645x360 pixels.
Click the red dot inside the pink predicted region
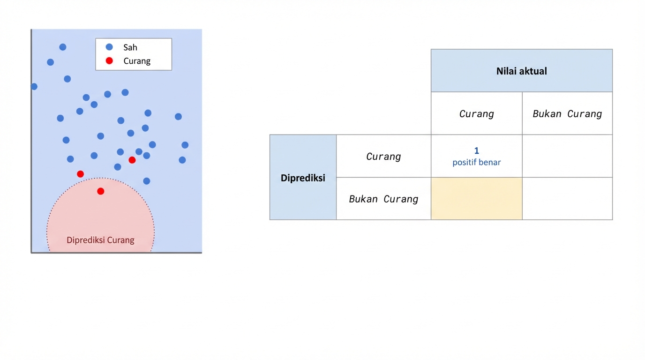pos(100,191)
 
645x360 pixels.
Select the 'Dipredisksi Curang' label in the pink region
pos(100,240)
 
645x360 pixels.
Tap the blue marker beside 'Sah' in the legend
pos(109,47)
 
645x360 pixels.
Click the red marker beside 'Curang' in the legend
pos(109,60)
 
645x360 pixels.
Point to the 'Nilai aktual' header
pos(521,71)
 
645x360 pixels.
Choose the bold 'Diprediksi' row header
pos(303,178)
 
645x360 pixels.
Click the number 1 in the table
pos(476,150)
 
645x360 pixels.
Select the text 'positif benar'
pos(476,162)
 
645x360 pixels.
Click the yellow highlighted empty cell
pos(476,199)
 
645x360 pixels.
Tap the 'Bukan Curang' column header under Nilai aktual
pos(567,114)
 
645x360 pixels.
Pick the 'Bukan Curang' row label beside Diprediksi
pos(383,199)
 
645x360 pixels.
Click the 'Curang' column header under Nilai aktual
pos(476,114)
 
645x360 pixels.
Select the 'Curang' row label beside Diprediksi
pos(383,157)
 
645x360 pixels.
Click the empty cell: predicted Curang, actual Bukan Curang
pos(567,156)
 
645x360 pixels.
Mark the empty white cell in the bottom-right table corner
pos(567,199)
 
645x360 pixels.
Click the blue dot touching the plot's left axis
pos(34,87)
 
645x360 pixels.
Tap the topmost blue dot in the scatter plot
pos(63,47)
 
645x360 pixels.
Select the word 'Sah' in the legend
pos(130,47)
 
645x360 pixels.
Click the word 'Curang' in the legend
pos(137,61)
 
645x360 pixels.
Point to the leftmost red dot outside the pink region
pos(80,174)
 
